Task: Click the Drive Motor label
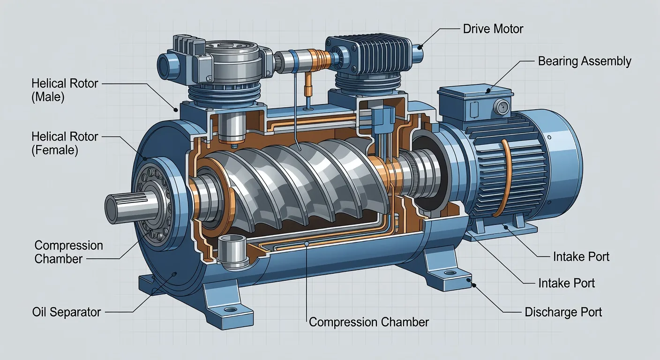click(493, 29)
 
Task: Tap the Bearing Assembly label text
click(585, 61)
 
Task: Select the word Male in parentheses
click(48, 97)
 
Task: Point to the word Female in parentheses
click(55, 150)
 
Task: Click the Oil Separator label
click(67, 312)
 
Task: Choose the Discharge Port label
click(563, 312)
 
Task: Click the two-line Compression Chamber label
click(68, 252)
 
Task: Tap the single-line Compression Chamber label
click(368, 322)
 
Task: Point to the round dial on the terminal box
click(502, 106)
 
